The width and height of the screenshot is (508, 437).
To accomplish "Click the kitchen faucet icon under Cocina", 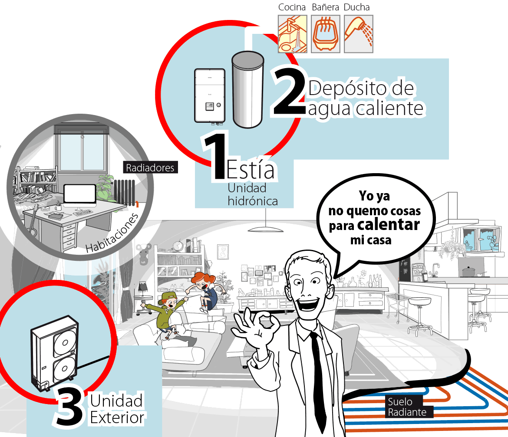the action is point(292,34).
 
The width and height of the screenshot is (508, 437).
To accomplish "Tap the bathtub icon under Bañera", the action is point(325,34).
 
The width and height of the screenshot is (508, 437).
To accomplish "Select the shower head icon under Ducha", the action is point(358,34).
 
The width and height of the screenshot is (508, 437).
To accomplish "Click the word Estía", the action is point(250,169).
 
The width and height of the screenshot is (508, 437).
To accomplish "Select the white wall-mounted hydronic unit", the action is point(210,96).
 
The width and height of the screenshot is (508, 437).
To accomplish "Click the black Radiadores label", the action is point(150,168).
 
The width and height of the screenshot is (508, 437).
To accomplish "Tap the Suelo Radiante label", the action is point(407,407).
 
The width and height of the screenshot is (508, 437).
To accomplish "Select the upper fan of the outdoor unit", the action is point(64,342).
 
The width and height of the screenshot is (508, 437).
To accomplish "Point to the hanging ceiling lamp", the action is point(266,229).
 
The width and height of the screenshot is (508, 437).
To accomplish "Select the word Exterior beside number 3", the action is point(117,417).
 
